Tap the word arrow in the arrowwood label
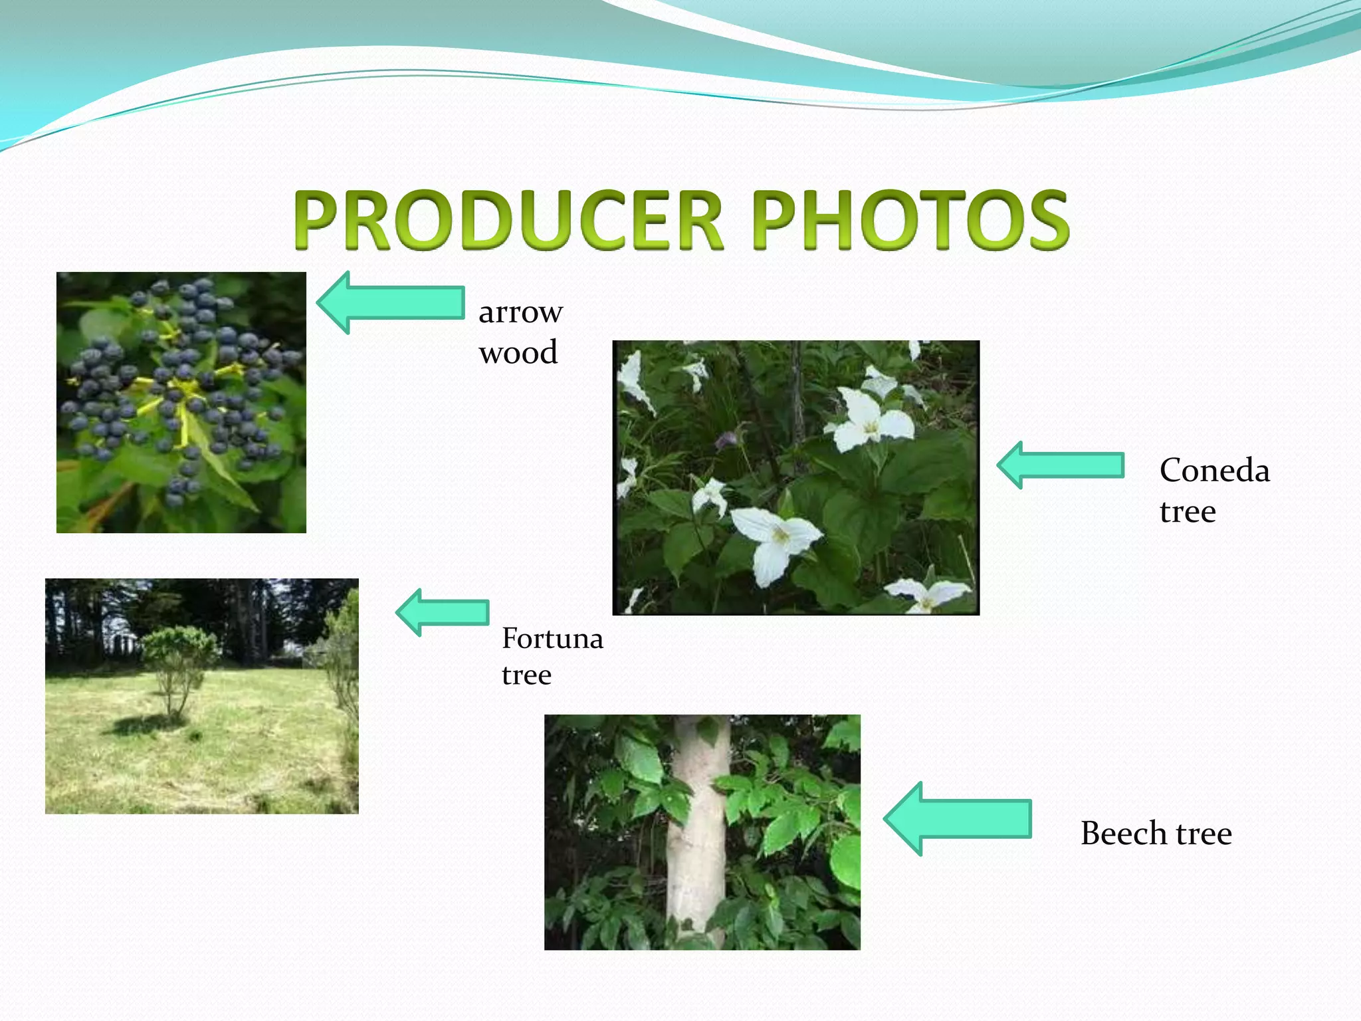pos(520,312)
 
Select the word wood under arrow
pos(518,352)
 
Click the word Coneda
pos(1214,471)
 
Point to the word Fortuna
pos(552,639)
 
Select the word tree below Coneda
pos(1188,512)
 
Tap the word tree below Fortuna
pos(526,675)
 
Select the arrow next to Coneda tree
pos(1061,465)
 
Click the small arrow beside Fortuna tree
pos(443,612)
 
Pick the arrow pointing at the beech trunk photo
pos(958,819)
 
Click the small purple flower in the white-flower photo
pos(727,439)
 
